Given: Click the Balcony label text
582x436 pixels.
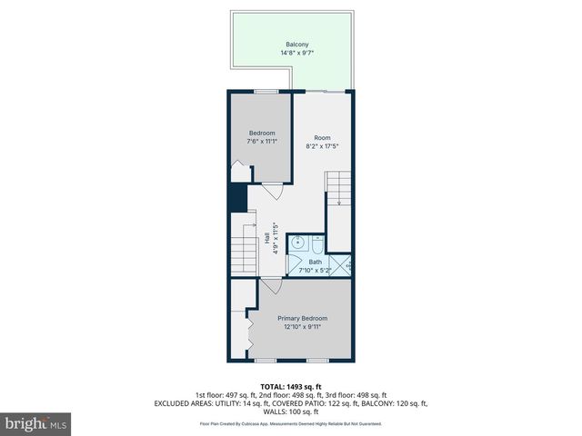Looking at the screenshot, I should (x=297, y=45).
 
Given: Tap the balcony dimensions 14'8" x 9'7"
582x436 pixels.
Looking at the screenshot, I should (x=297, y=53).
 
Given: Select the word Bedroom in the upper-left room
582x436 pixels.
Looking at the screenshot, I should (x=262, y=134).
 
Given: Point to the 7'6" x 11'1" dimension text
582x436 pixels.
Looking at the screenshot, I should (x=262, y=142).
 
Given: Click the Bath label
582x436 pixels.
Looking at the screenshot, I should (x=315, y=262).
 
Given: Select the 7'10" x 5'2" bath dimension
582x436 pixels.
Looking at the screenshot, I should (x=315, y=270).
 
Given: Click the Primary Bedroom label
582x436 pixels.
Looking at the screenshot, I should (x=302, y=318).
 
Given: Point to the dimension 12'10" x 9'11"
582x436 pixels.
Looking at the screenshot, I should (x=302, y=326).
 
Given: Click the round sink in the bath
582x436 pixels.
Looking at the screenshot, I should (x=297, y=243).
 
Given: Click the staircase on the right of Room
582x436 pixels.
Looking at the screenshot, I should (x=338, y=191).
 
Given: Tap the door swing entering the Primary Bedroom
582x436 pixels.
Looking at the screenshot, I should (x=270, y=286).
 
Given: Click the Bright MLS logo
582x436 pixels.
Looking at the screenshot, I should (x=36, y=423).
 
